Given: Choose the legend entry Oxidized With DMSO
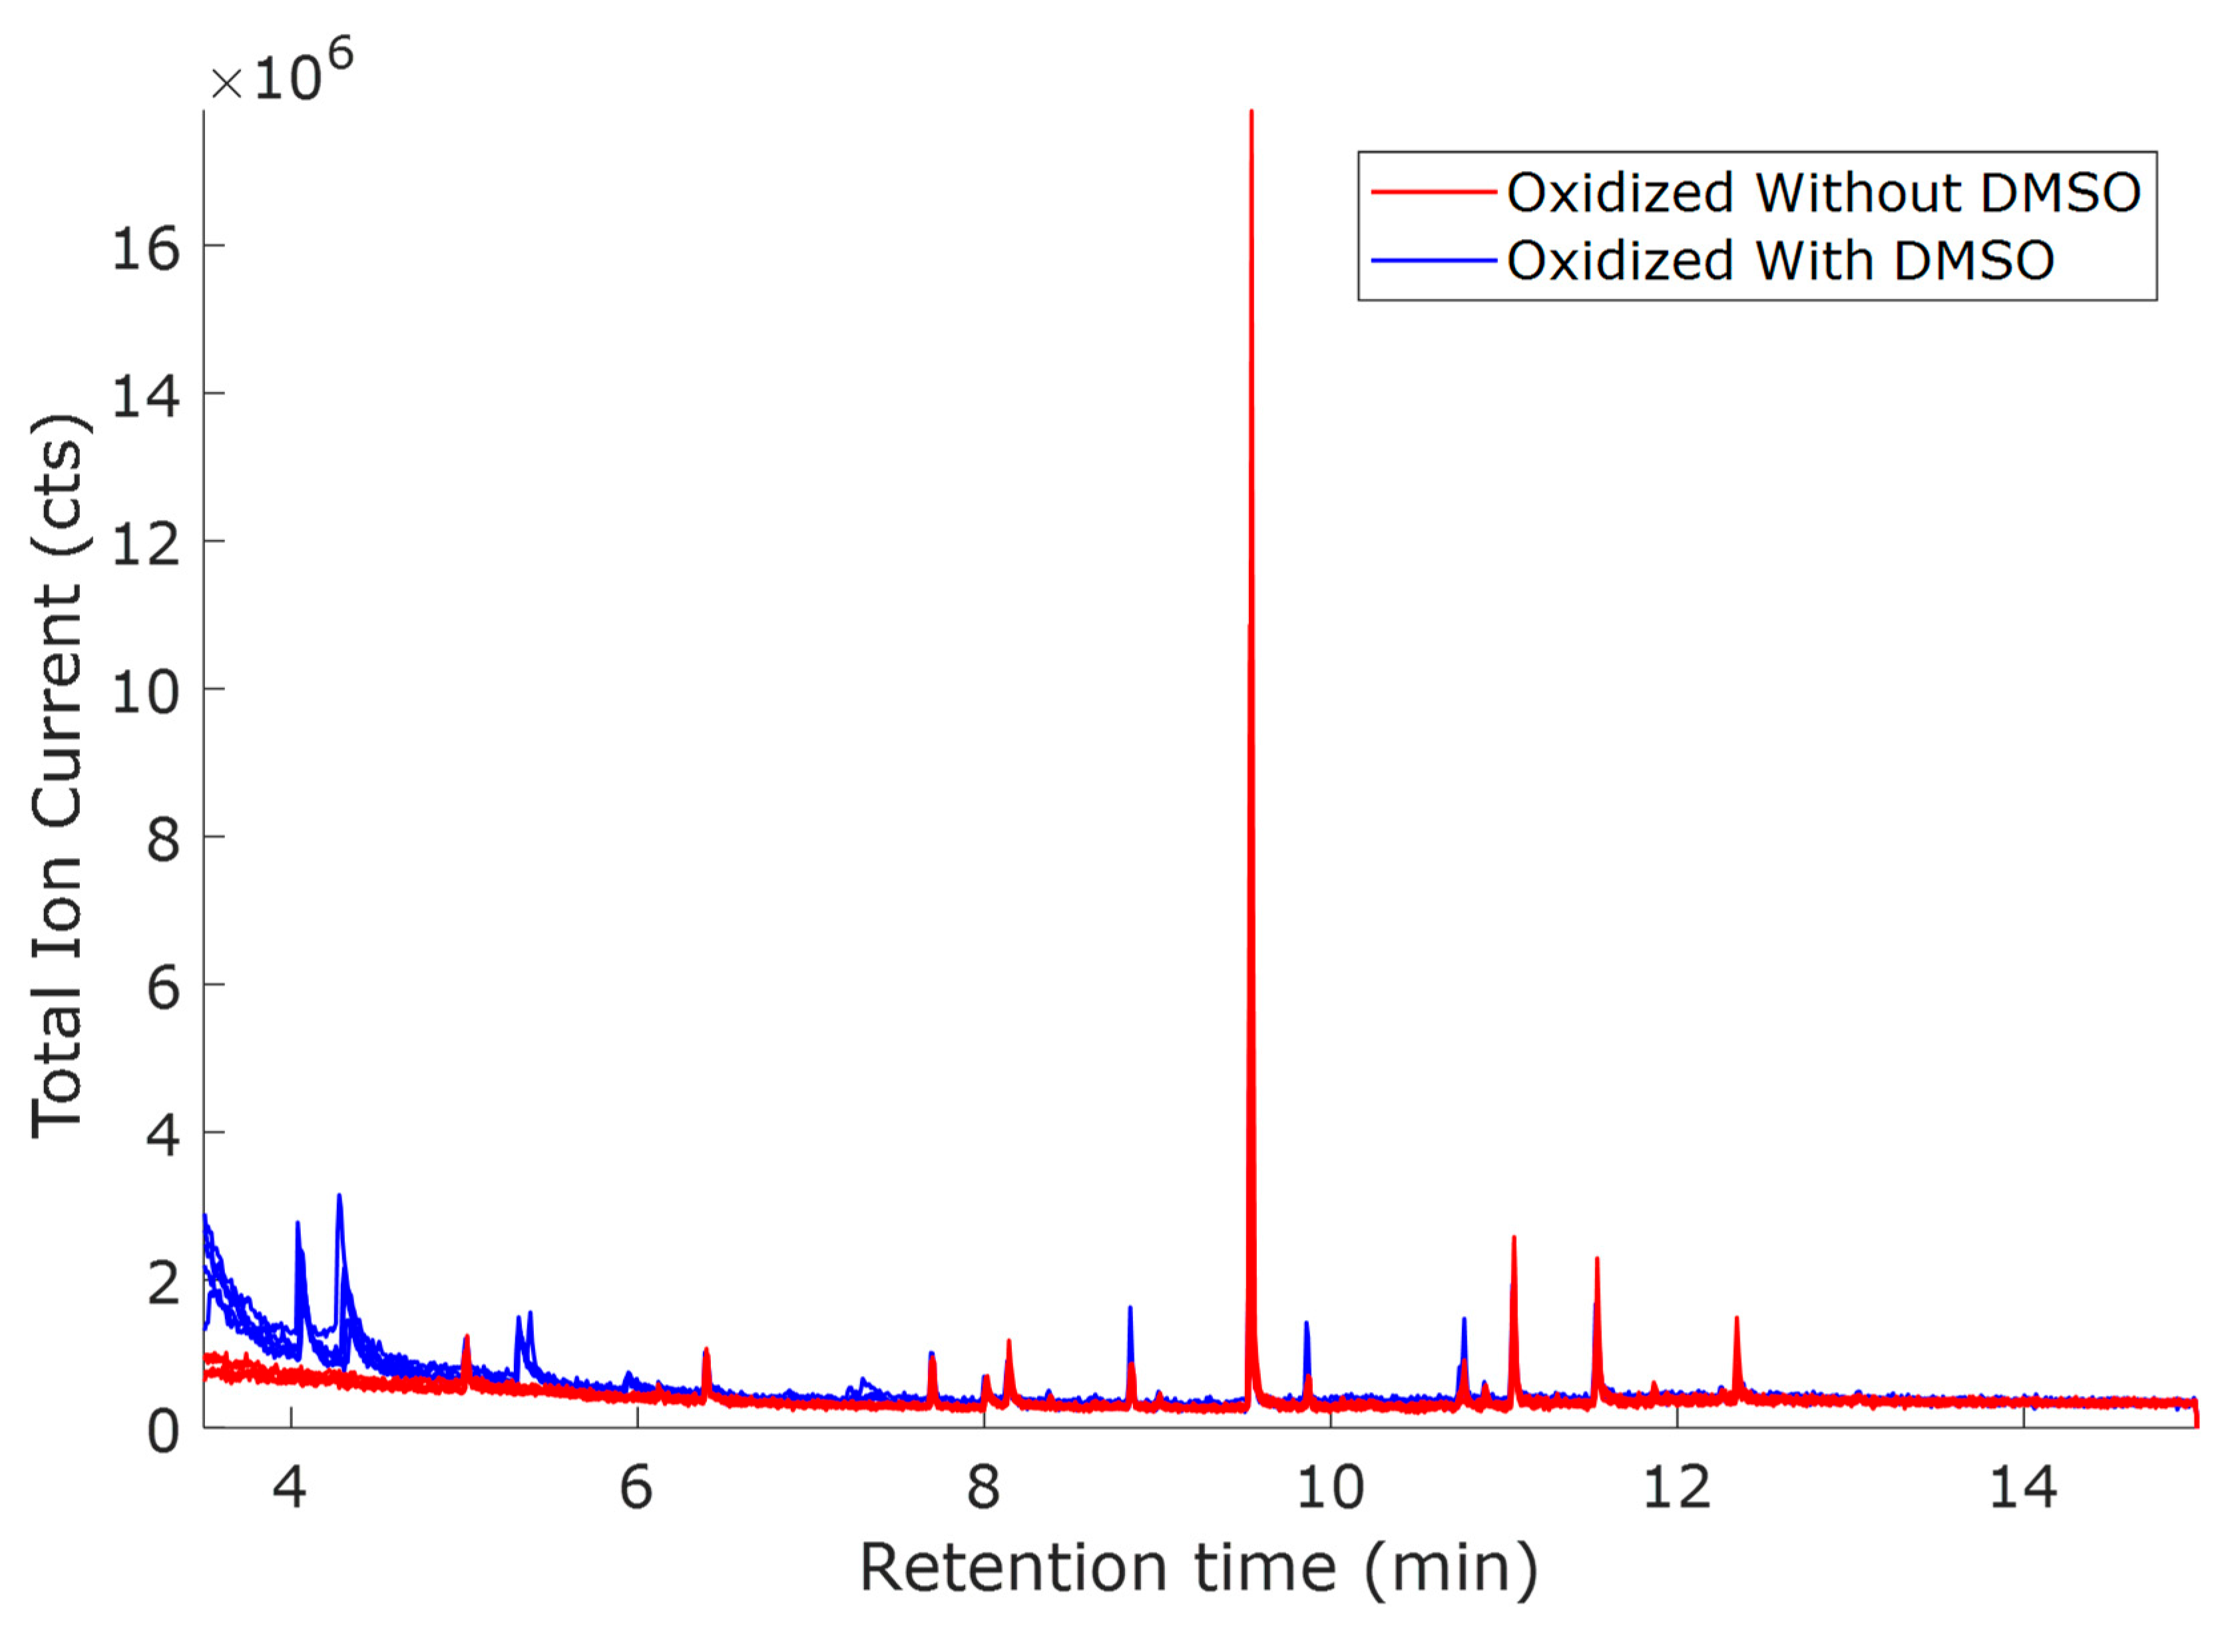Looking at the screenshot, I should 1780,261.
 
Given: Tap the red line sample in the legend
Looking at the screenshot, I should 1433,192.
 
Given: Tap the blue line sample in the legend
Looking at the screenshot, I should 1433,261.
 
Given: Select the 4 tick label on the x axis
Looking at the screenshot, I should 290,1487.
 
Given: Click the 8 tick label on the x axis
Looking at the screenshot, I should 983,1487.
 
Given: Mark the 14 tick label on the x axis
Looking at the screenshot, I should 2023,1487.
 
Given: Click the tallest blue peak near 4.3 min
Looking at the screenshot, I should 339,1198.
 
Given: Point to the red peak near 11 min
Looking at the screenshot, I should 1514,1239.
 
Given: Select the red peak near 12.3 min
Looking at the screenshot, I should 1737,1319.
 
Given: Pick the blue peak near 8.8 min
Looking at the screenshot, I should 1130,1309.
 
